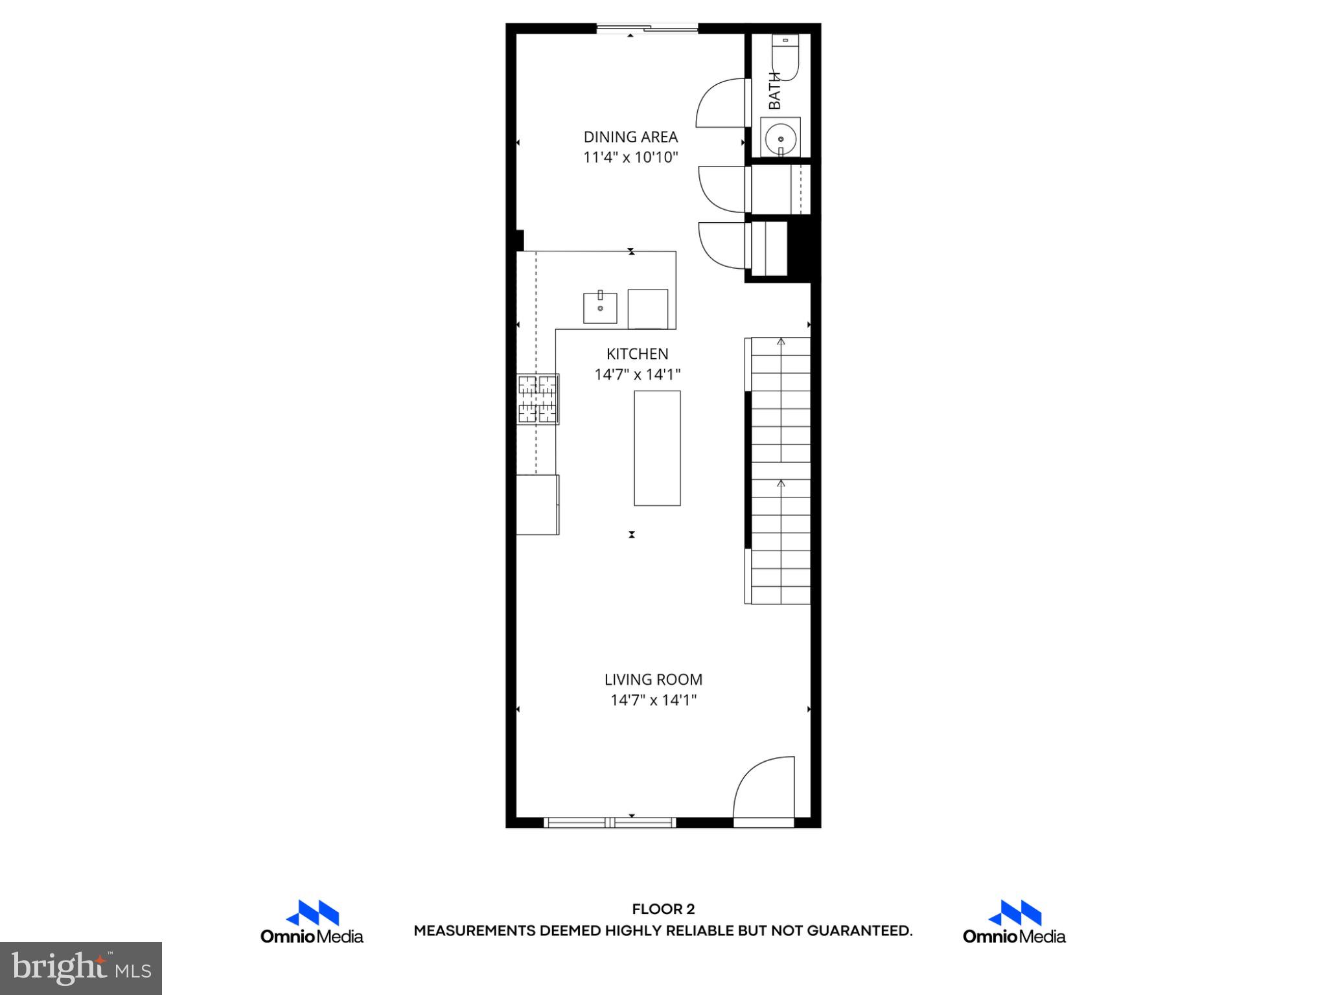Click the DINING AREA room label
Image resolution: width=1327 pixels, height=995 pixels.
click(x=630, y=137)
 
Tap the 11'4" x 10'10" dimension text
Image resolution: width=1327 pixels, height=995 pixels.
click(x=630, y=157)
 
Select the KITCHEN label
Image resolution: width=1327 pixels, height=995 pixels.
click(x=637, y=354)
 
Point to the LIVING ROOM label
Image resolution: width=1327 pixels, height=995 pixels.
click(x=653, y=680)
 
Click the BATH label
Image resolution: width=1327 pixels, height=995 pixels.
click(x=774, y=91)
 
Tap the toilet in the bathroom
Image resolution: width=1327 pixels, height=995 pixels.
click(x=786, y=57)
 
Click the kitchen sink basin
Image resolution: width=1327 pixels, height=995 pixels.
click(x=600, y=308)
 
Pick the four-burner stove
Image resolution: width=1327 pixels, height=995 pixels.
click(x=538, y=399)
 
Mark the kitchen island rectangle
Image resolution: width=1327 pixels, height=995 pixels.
click(x=657, y=448)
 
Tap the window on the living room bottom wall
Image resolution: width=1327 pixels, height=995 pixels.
click(x=610, y=823)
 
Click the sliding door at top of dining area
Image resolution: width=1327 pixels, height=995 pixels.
click(x=647, y=29)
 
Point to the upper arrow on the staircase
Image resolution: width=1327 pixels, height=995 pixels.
click(x=781, y=342)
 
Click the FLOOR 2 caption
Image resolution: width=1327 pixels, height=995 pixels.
click(x=663, y=909)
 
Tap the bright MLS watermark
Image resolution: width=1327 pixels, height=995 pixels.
click(x=81, y=968)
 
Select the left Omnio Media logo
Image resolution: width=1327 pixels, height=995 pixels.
click(x=312, y=922)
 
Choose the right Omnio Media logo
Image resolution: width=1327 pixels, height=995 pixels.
click(x=1014, y=922)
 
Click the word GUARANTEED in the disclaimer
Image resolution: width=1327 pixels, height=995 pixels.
click(x=859, y=932)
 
